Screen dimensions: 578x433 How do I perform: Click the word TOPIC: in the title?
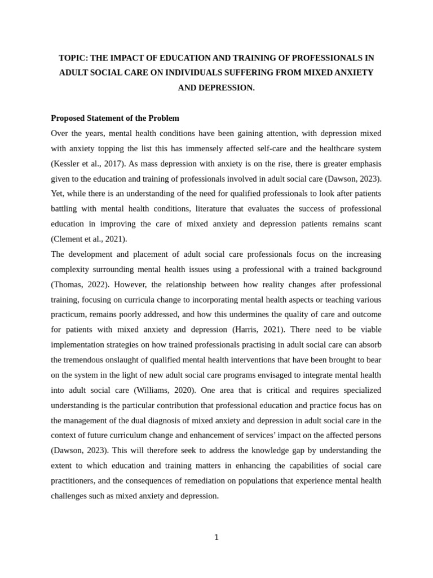pos(73,58)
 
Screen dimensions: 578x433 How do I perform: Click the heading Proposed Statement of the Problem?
pos(115,118)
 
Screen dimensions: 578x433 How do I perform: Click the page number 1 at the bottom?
pos(216,537)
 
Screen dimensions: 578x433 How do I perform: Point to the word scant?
pos(370,224)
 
